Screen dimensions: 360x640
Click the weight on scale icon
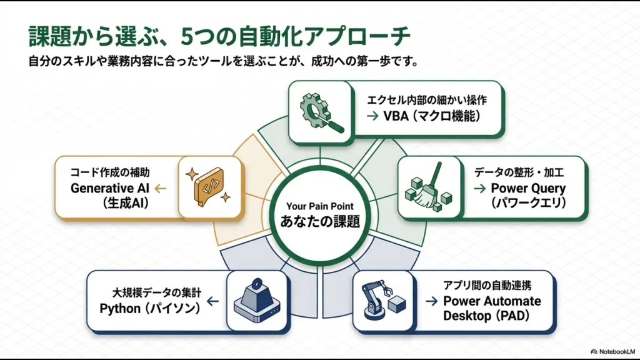coord(257,301)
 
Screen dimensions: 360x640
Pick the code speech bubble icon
coord(209,186)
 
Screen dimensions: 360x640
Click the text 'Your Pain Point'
coord(319,206)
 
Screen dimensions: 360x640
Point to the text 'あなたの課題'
coord(319,222)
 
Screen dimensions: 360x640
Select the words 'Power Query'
coord(528,188)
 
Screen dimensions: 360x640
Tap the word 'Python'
coord(120,308)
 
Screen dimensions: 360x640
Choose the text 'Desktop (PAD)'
coord(486,316)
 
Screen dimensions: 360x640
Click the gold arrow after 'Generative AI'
coord(159,187)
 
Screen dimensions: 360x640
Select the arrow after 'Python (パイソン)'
coord(212,301)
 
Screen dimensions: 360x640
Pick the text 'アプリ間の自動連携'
coord(487,286)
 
